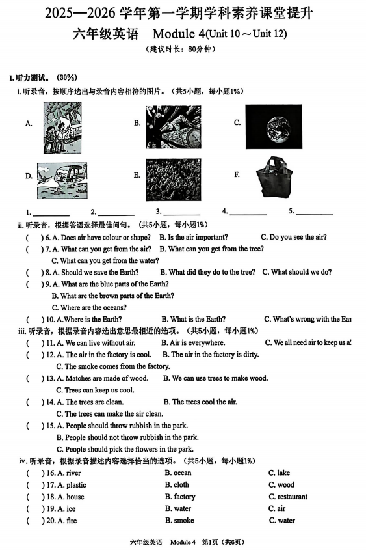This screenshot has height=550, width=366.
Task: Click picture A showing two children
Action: point(62,128)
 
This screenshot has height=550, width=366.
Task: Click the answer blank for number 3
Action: point(181,212)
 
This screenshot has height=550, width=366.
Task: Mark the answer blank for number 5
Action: point(315,212)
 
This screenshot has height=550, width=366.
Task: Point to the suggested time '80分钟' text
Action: point(202,49)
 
